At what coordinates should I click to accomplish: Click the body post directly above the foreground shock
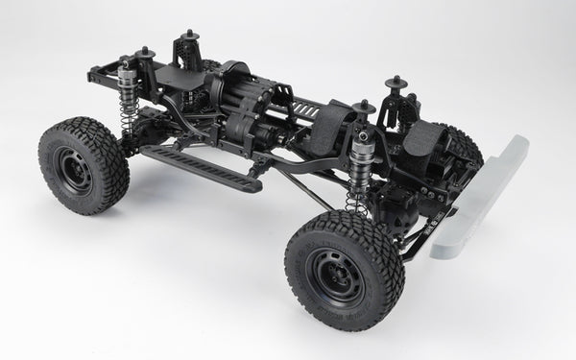(x=365, y=110)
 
